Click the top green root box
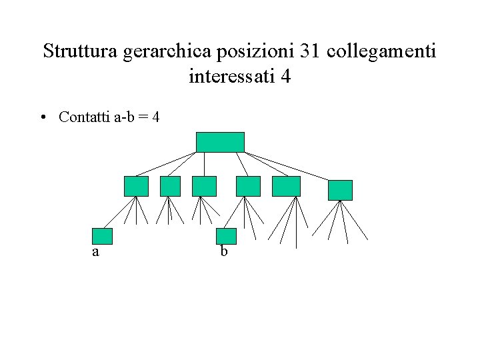tap(220, 142)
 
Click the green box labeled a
tap(102, 236)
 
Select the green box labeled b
tap(227, 236)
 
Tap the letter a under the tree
tap(96, 253)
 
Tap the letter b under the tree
tap(224, 251)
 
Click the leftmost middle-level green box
tap(136, 186)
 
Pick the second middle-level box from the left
tap(171, 186)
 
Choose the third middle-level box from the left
tap(204, 186)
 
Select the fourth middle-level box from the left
tap(249, 186)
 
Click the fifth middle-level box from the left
tap(286, 186)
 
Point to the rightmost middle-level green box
tap(340, 190)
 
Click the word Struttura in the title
tap(80, 51)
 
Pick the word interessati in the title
tap(233, 77)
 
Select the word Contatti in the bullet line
tap(84, 117)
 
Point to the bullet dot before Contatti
tap(42, 118)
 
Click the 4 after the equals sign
tap(155, 117)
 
